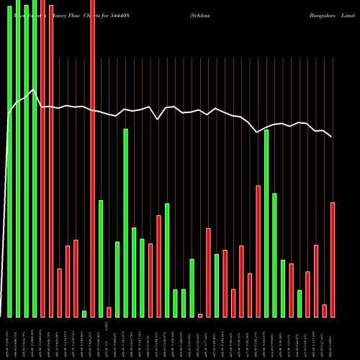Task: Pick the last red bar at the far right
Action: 333,259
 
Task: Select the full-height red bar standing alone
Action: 92,158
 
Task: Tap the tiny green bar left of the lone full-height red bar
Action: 84,313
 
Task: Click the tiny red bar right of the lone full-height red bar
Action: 109,312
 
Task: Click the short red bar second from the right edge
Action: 324,310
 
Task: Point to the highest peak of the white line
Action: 34,90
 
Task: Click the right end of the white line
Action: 331,136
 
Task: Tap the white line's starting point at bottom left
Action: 2,315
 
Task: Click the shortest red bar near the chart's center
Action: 200,315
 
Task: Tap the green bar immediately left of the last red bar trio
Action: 300,303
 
